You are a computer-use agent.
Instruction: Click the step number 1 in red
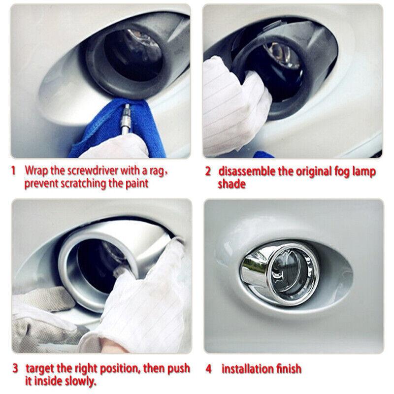[x=14, y=171]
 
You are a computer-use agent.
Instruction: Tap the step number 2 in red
[x=208, y=171]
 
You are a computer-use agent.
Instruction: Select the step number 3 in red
[x=15, y=368]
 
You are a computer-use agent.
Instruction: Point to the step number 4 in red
[x=209, y=368]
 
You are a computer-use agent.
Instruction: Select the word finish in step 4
[x=287, y=368]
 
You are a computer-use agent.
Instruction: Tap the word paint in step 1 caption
[x=135, y=184]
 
